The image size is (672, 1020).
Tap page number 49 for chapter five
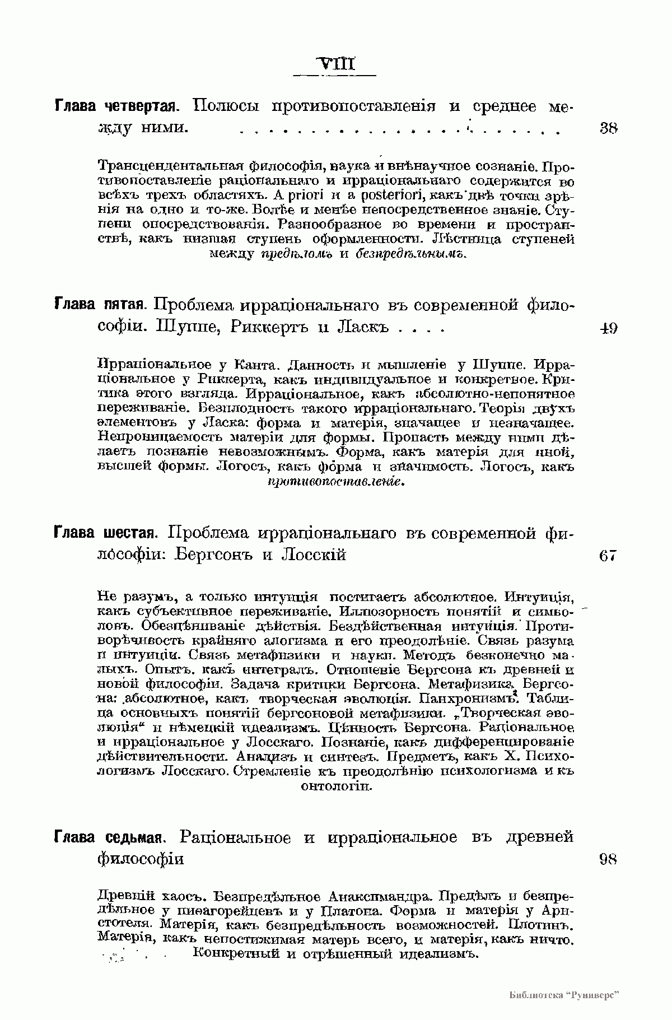tap(608, 328)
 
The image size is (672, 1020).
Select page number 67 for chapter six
tap(608, 555)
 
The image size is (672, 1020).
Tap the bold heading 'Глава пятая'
tap(100, 306)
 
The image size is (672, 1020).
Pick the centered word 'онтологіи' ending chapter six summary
tap(337, 787)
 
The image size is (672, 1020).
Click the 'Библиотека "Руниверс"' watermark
tap(567, 995)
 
